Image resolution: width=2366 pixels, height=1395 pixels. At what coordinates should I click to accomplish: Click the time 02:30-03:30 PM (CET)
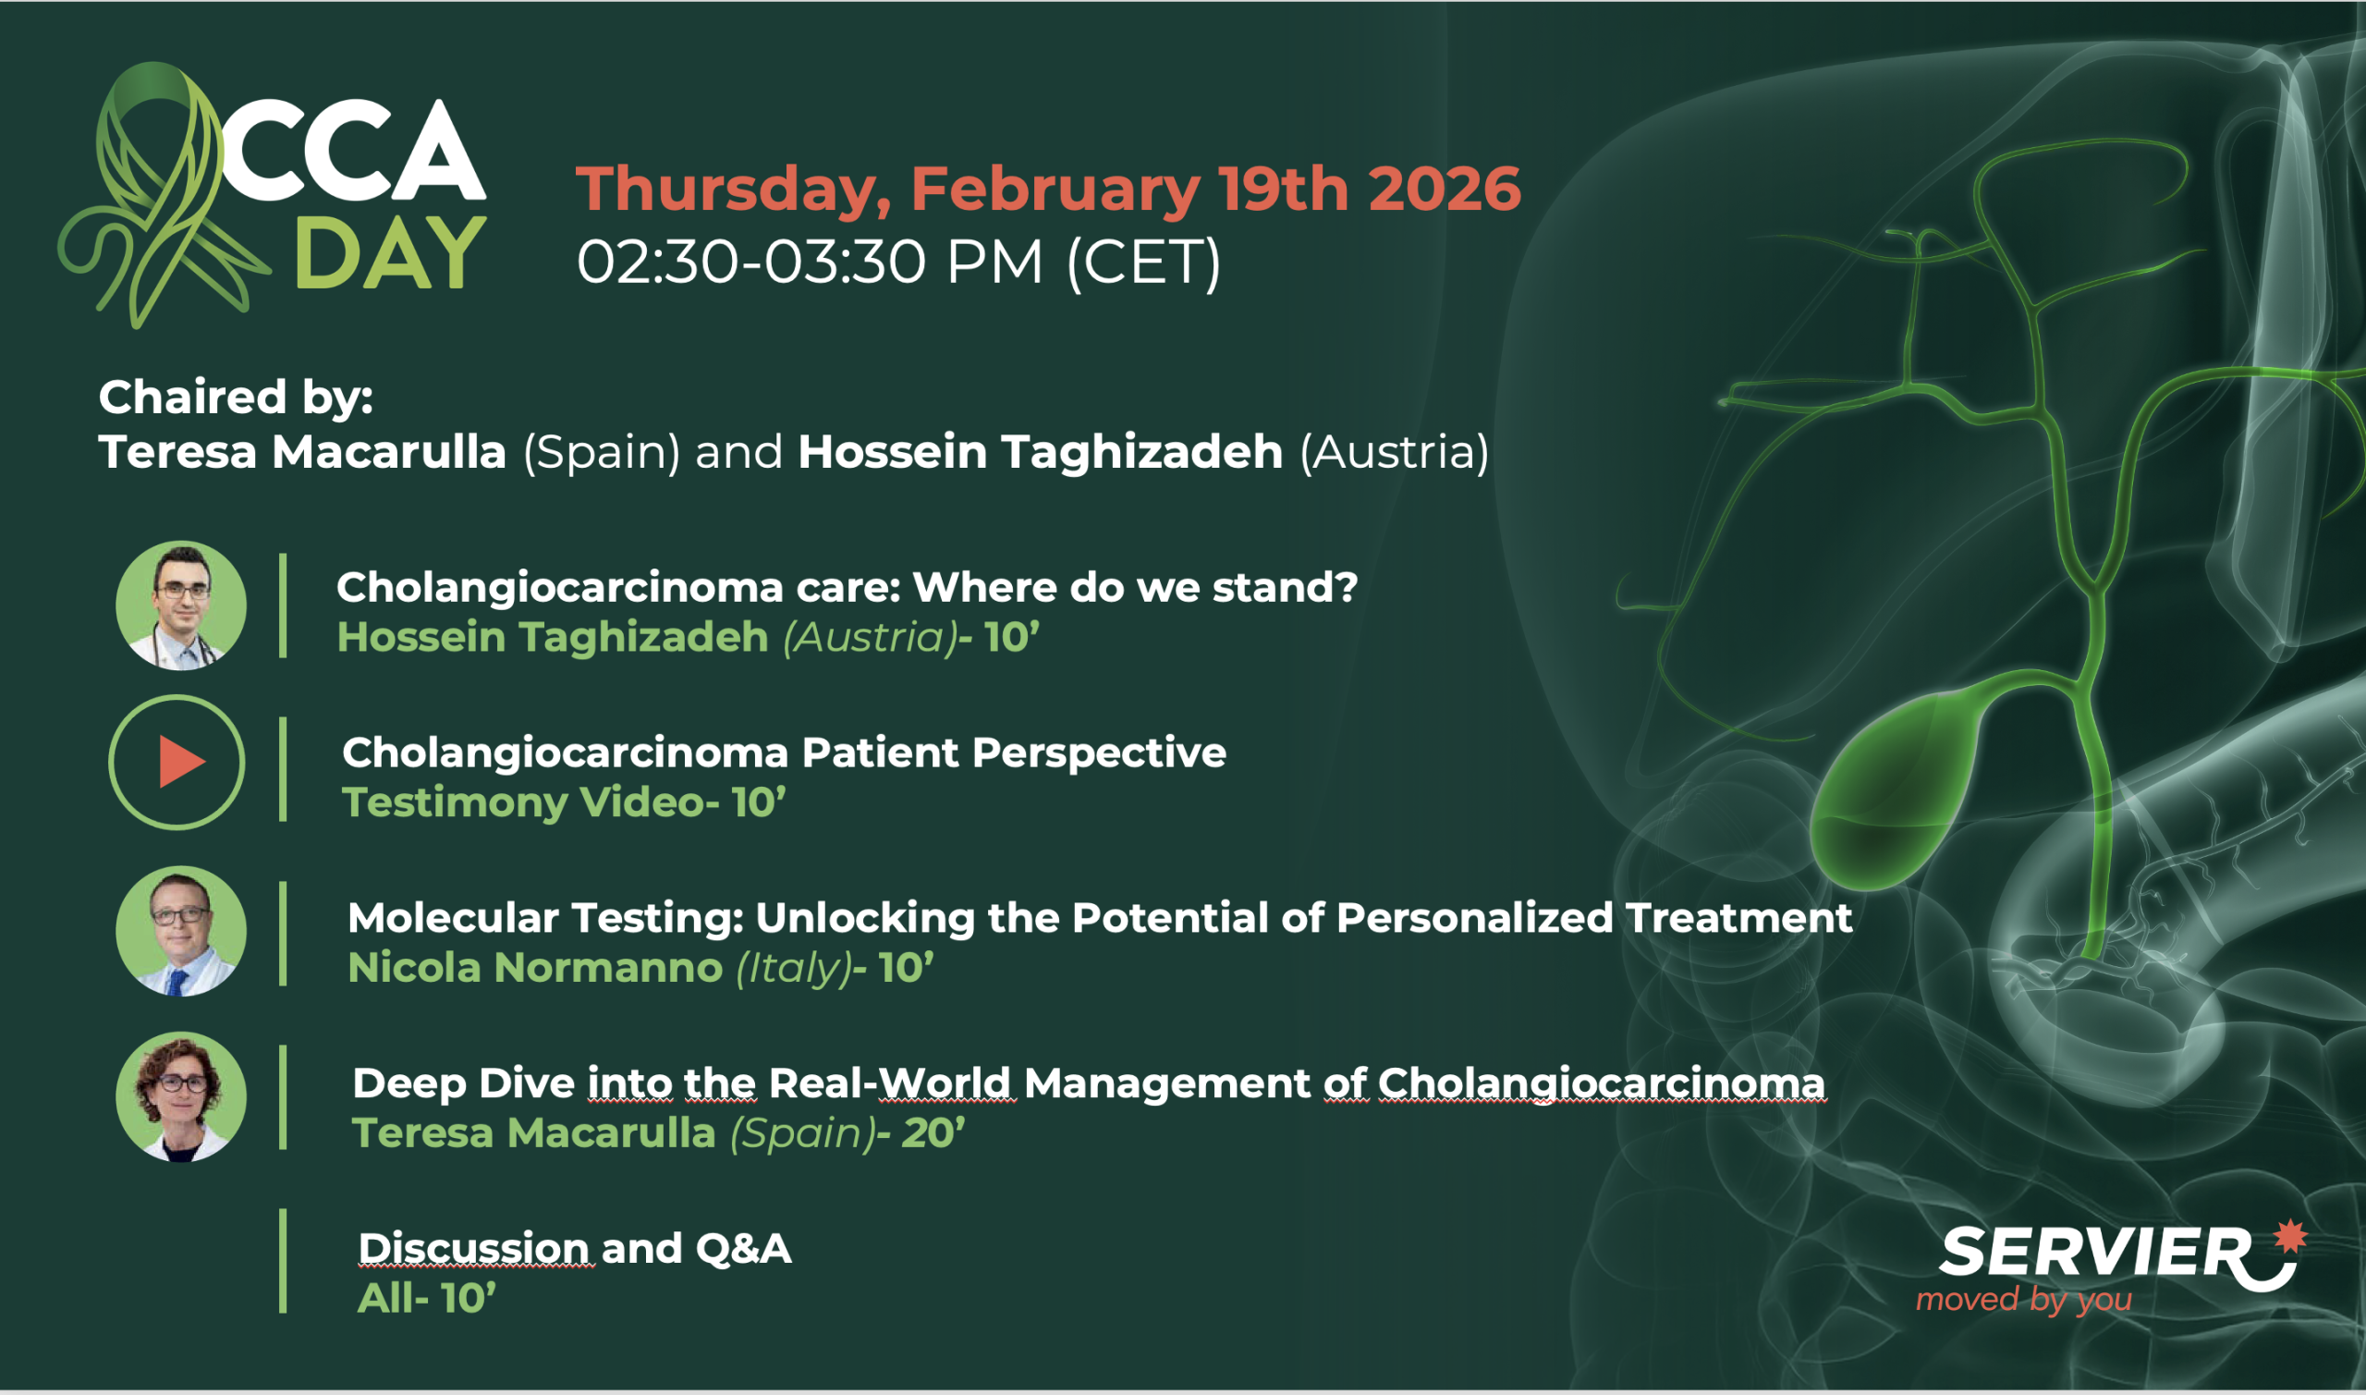point(898,262)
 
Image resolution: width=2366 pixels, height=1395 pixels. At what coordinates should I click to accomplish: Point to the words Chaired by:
point(236,398)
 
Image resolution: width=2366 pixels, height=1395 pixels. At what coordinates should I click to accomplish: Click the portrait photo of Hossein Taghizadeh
point(181,606)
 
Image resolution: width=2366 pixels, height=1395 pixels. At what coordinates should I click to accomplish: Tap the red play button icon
point(181,762)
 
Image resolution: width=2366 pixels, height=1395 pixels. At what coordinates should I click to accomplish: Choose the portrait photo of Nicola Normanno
point(181,931)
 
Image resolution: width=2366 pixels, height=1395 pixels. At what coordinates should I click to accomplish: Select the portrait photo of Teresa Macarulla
point(181,1097)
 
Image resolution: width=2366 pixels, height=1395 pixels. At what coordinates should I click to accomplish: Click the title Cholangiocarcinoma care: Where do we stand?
point(847,588)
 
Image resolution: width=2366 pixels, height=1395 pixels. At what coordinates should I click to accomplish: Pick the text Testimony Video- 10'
point(564,802)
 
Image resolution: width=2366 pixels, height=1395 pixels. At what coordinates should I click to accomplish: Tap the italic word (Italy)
point(792,969)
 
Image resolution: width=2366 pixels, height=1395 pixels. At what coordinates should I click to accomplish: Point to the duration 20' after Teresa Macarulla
point(933,1132)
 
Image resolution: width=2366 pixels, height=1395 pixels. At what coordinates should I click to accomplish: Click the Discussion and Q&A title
point(574,1248)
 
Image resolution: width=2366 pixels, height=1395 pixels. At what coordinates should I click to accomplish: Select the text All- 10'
point(427,1298)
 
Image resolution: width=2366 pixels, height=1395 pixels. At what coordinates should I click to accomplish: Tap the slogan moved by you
point(2024,1300)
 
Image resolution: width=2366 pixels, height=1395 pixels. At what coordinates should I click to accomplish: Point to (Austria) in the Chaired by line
point(1395,452)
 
